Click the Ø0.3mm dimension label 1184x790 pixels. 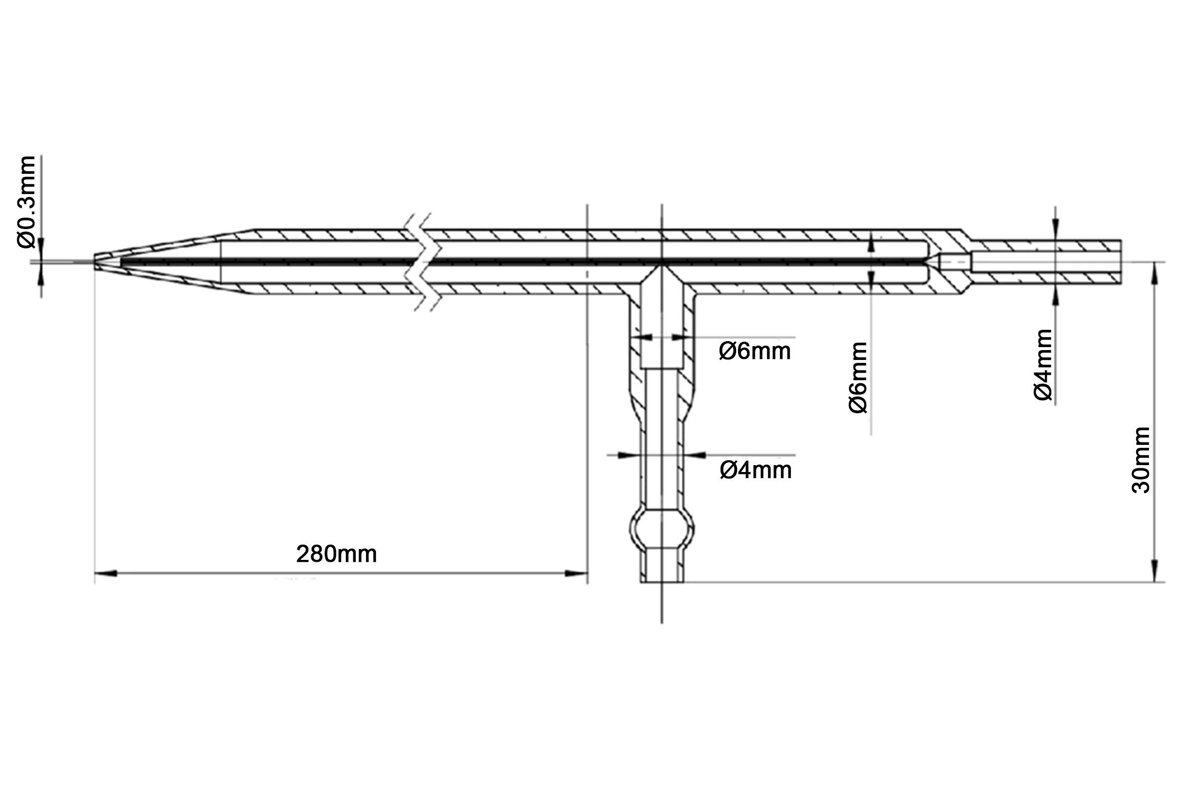[x=26, y=202]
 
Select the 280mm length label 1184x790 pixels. [x=336, y=554]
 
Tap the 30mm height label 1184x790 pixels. [x=1141, y=461]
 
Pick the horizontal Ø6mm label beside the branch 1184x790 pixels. [x=755, y=351]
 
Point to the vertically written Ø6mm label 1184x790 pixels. [x=858, y=377]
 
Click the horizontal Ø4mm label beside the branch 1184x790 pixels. [x=756, y=470]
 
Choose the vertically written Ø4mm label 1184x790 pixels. [x=1043, y=365]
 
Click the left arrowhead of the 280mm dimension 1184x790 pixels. [x=106, y=574]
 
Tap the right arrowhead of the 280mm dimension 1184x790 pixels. [x=576, y=574]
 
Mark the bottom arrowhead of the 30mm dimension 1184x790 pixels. [x=1155, y=571]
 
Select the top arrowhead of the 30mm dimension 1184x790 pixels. [x=1155, y=273]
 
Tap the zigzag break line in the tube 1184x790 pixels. [x=423, y=262]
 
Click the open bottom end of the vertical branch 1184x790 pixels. [x=662, y=582]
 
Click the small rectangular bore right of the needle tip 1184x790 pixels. [x=955, y=262]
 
